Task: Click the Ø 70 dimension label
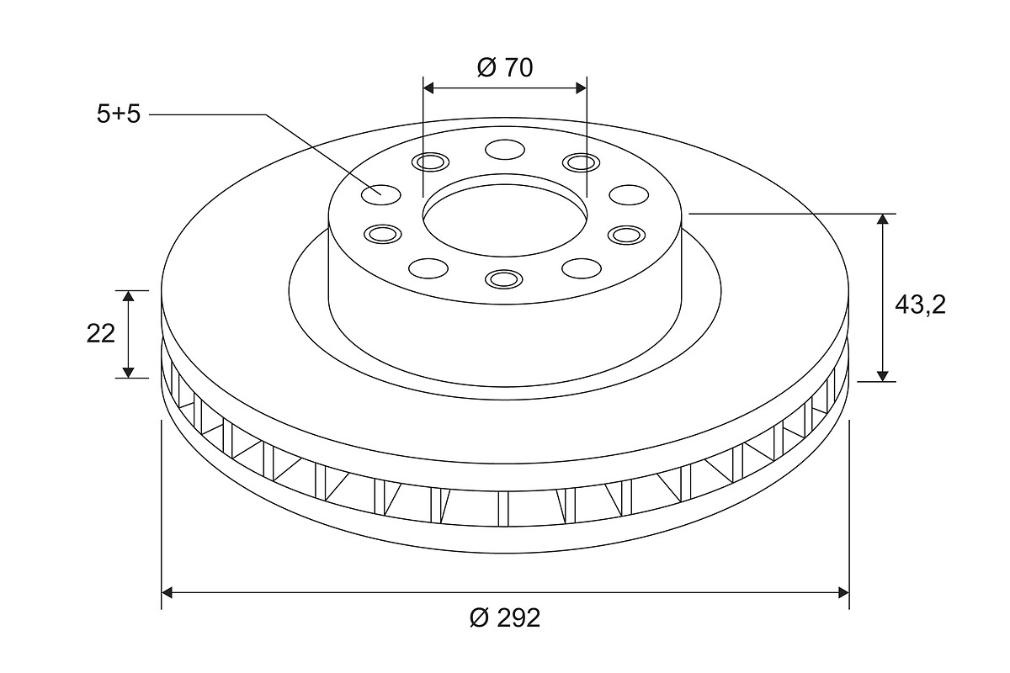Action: click(505, 68)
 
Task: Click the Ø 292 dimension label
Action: click(504, 617)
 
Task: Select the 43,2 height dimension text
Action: click(920, 305)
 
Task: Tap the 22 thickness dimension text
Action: click(100, 334)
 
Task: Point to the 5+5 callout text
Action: click(119, 114)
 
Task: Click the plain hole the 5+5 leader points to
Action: click(381, 194)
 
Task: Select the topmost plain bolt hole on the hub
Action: click(505, 149)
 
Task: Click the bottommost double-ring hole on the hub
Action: click(503, 279)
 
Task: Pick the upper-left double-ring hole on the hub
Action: click(431, 162)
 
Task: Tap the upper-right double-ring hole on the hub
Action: click(582, 162)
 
